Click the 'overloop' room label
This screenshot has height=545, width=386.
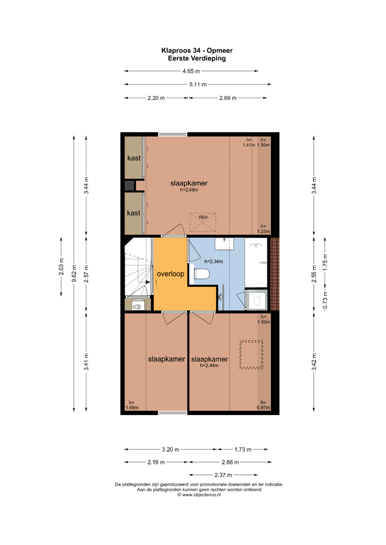[170, 274]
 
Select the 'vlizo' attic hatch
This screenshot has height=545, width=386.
[203, 222]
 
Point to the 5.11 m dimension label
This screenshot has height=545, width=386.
[198, 85]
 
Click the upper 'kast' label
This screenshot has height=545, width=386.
[134, 158]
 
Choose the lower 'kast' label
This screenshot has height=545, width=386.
[134, 213]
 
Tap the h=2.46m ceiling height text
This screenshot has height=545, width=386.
[189, 190]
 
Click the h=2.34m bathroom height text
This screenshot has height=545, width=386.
[213, 262]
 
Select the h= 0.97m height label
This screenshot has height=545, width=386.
[263, 405]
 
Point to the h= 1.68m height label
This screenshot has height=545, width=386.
[132, 405]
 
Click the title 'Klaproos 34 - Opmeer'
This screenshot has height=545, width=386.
[197, 50]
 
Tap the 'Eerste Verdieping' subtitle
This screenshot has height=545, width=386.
[197, 59]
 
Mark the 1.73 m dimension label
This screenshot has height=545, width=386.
[243, 449]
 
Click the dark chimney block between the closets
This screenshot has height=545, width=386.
[129, 186]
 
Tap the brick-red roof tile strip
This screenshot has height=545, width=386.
[274, 274]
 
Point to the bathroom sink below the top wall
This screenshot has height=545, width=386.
[224, 243]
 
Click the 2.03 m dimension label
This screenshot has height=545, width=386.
[61, 266]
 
